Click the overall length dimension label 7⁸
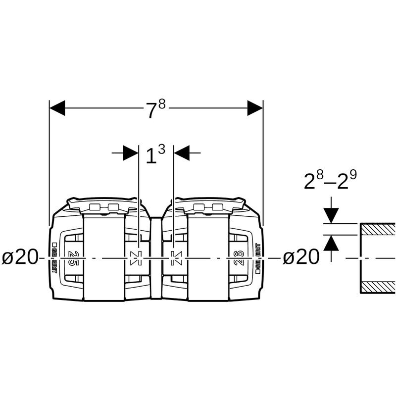pyautogui.click(x=155, y=109)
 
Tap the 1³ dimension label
pyautogui.click(x=155, y=155)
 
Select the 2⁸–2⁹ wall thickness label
pyautogui.click(x=331, y=182)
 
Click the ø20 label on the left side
pyautogui.click(x=20, y=258)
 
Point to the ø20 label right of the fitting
pyautogui.click(x=301, y=258)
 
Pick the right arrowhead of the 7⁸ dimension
pyautogui.click(x=255, y=108)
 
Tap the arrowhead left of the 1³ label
pyautogui.click(x=131, y=153)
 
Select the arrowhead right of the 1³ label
pyautogui.click(x=182, y=153)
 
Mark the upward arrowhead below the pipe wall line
pyautogui.click(x=331, y=242)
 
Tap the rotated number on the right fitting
pyautogui.click(x=239, y=257)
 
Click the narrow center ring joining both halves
pyautogui.click(x=155, y=258)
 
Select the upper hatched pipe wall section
pyautogui.click(x=377, y=229)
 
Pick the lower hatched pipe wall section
pyautogui.click(x=377, y=287)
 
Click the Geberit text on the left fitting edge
pyautogui.click(x=55, y=258)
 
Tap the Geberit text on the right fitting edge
pyautogui.click(x=257, y=258)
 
